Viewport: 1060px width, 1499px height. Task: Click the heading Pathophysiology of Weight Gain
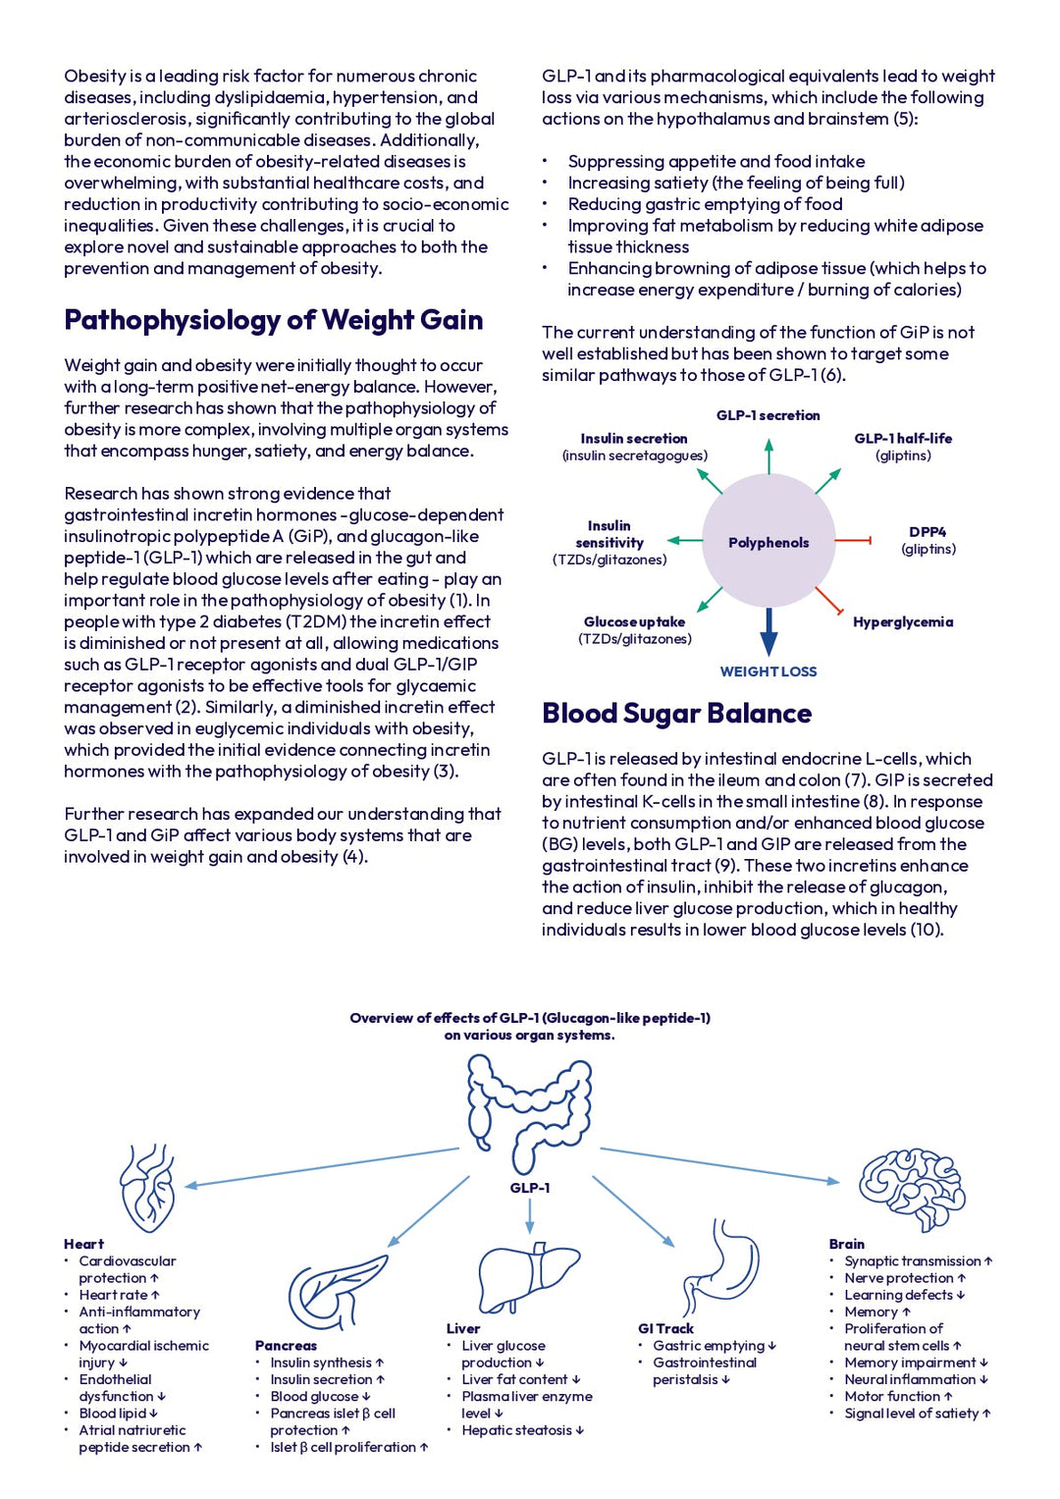pyautogui.click(x=273, y=321)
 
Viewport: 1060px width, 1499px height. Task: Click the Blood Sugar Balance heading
pyautogui.click(x=676, y=714)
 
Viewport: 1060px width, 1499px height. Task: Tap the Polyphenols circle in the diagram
pyautogui.click(x=768, y=542)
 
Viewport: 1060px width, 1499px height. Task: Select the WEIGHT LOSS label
pyautogui.click(x=768, y=671)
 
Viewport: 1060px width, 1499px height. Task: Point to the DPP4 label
pyautogui.click(x=927, y=532)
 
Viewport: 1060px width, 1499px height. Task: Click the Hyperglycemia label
pyautogui.click(x=903, y=622)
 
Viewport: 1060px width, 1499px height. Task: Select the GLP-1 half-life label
pyautogui.click(x=903, y=439)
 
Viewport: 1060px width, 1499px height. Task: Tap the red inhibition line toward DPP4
pyautogui.click(x=853, y=540)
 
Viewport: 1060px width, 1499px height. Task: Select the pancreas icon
pyautogui.click(x=338, y=1292)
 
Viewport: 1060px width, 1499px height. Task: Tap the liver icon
pyautogui.click(x=529, y=1278)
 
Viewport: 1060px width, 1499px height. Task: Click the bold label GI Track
pyautogui.click(x=665, y=1329)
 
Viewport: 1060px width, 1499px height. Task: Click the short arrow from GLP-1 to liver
pyautogui.click(x=530, y=1216)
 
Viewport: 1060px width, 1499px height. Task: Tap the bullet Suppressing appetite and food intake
pyautogui.click(x=716, y=161)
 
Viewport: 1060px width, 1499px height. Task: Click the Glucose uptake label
pyautogui.click(x=634, y=622)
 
